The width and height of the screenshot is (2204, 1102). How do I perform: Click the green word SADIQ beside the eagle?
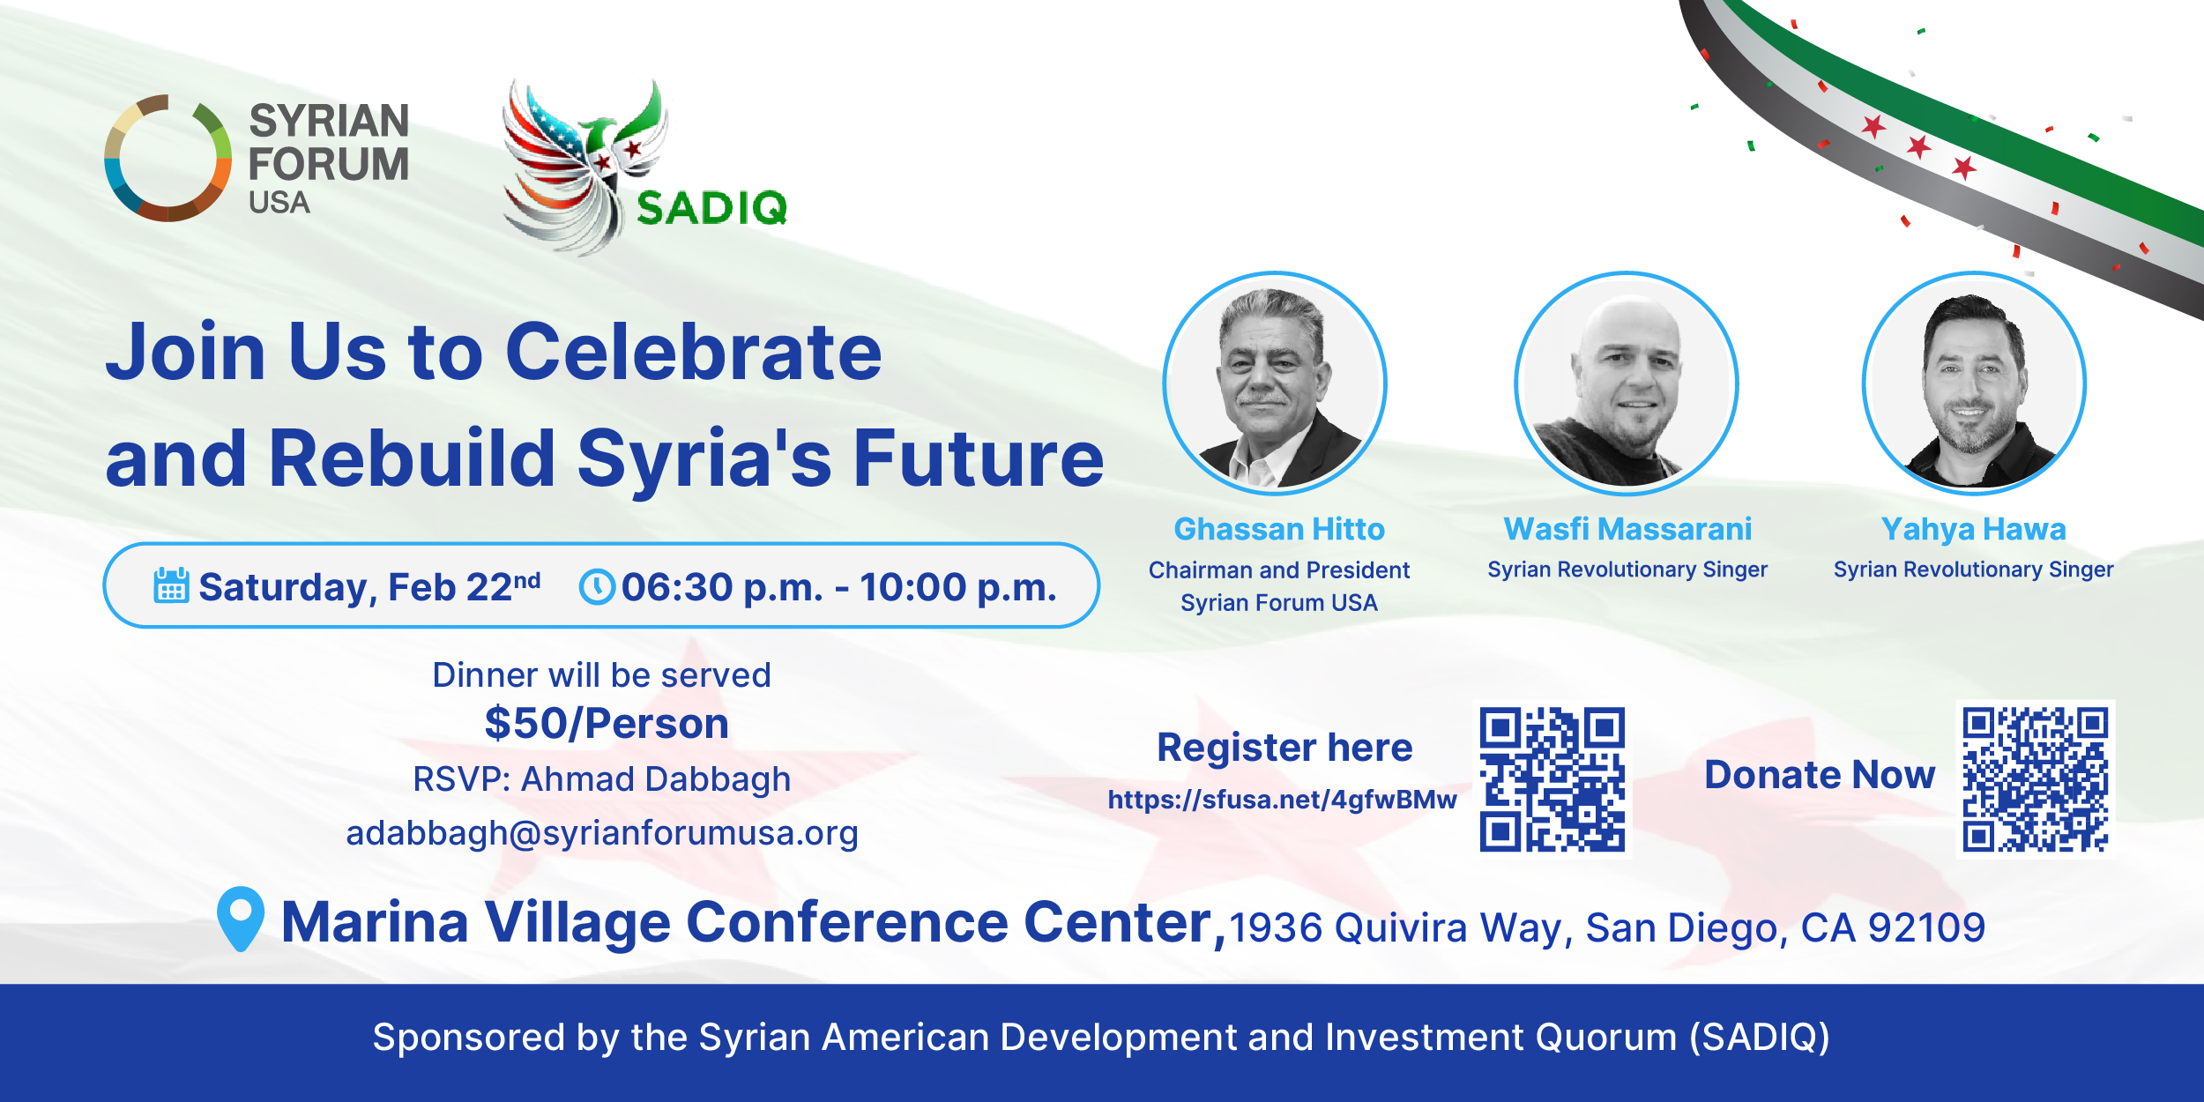[x=711, y=208]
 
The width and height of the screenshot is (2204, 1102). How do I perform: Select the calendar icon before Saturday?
[x=171, y=585]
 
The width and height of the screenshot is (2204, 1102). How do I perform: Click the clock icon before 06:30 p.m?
[x=597, y=587]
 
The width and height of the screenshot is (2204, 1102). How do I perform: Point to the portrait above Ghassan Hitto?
[x=1275, y=383]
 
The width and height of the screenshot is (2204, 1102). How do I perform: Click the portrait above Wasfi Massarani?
[x=1627, y=383]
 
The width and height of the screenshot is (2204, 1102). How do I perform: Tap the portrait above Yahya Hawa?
[x=1974, y=383]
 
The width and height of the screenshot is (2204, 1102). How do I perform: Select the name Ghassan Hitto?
[x=1279, y=529]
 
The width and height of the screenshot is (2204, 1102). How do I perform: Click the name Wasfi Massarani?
[x=1627, y=529]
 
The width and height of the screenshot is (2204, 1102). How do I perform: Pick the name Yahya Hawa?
[x=1974, y=530]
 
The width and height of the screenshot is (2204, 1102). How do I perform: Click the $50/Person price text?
[x=607, y=724]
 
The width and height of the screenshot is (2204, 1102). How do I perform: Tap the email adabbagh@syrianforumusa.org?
[x=602, y=833]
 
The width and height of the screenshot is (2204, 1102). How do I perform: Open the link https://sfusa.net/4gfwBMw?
[x=1282, y=800]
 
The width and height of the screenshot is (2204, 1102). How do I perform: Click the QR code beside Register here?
[x=1552, y=779]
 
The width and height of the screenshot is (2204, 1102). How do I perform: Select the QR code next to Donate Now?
[x=2036, y=779]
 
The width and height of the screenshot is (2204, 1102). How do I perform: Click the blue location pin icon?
[x=241, y=919]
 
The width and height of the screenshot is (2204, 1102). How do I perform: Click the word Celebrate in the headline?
[x=694, y=352]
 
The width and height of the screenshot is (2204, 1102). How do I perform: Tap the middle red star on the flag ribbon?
[x=1918, y=145]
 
